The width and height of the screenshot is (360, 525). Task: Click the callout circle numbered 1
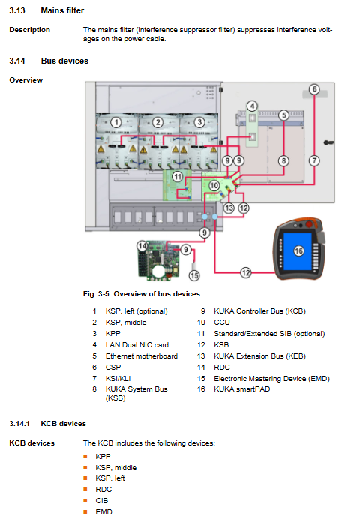[116, 122]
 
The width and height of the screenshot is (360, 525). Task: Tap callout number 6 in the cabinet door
[314, 89]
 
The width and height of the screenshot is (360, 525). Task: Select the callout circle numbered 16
[298, 250]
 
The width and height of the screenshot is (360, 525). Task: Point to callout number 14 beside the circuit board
[142, 246]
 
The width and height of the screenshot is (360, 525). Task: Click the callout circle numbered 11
[178, 176]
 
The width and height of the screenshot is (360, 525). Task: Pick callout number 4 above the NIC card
[252, 106]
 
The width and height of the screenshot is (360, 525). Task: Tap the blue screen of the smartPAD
[298, 251]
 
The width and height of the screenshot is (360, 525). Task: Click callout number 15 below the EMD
[194, 275]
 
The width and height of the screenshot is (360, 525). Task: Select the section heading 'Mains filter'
[62, 10]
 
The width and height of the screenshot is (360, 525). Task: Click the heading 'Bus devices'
[64, 61]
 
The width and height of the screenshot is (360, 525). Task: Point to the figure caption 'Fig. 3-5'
[97, 294]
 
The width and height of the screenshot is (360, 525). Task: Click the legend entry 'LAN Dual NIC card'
[137, 345]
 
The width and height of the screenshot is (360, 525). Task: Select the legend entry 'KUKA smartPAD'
[241, 389]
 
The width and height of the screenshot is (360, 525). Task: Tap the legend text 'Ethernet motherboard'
[142, 356]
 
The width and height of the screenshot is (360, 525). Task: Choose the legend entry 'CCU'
[222, 322]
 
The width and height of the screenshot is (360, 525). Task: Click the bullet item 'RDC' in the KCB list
[103, 490]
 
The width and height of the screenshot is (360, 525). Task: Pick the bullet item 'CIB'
[102, 501]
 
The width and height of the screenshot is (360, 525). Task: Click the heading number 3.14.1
[19, 424]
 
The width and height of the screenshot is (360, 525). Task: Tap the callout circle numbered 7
[314, 161]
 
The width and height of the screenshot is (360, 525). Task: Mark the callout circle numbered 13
[229, 208]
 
